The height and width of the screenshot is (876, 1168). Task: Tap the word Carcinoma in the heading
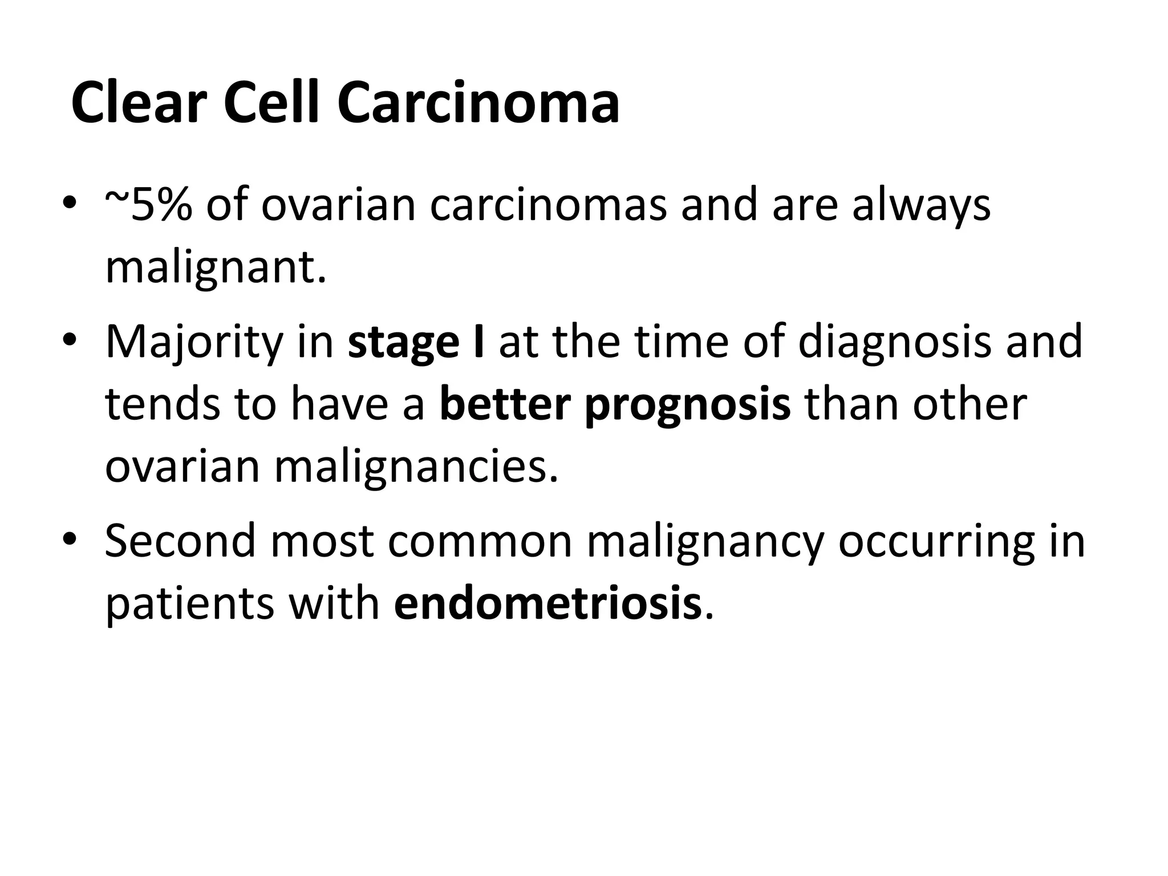pos(478,103)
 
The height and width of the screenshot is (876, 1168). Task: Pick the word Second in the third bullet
pos(180,541)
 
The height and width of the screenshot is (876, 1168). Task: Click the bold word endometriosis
pos(547,603)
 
